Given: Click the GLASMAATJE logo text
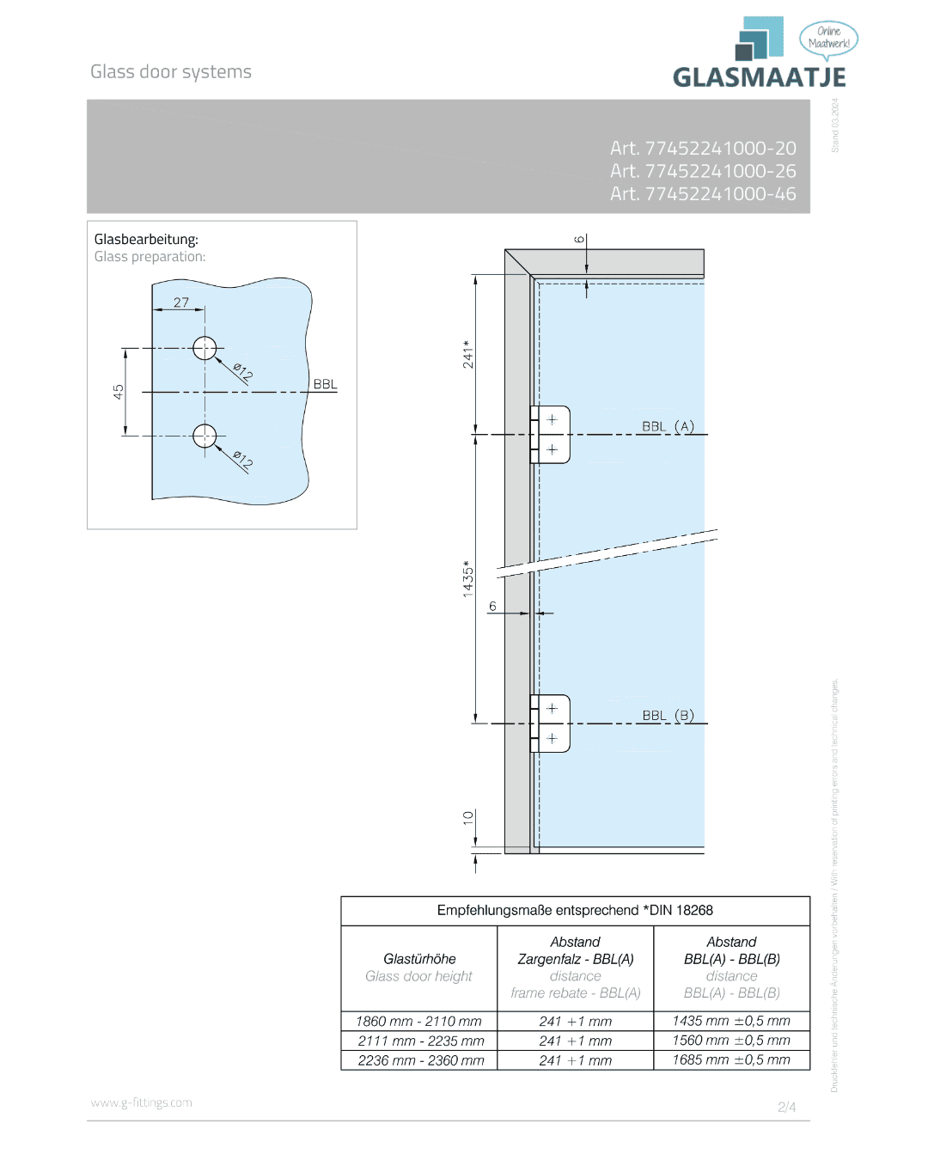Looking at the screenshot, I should click(759, 77).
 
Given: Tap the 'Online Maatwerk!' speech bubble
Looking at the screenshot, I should click(828, 38).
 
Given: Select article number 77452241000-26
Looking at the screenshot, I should click(703, 171).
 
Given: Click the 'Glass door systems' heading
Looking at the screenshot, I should click(171, 72).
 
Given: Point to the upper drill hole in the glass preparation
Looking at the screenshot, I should click(205, 348).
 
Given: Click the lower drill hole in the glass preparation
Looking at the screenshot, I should click(205, 437).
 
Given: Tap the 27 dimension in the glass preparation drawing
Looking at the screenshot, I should click(181, 302).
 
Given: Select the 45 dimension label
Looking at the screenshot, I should click(119, 392).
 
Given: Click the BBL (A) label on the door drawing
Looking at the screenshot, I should click(668, 426).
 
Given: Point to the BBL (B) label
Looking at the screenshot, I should click(668, 715).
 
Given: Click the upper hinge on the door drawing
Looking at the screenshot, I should click(551, 435).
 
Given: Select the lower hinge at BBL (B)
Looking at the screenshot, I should click(551, 723).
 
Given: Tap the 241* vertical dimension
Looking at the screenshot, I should click(467, 354).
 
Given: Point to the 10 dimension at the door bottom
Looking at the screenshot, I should click(467, 817).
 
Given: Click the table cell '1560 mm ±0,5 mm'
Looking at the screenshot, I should click(731, 1041).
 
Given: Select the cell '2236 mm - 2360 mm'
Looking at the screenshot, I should click(421, 1060).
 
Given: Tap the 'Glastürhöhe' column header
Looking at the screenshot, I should click(419, 959).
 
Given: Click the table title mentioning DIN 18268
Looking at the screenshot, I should click(575, 911).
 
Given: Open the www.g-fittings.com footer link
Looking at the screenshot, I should click(142, 1102).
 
